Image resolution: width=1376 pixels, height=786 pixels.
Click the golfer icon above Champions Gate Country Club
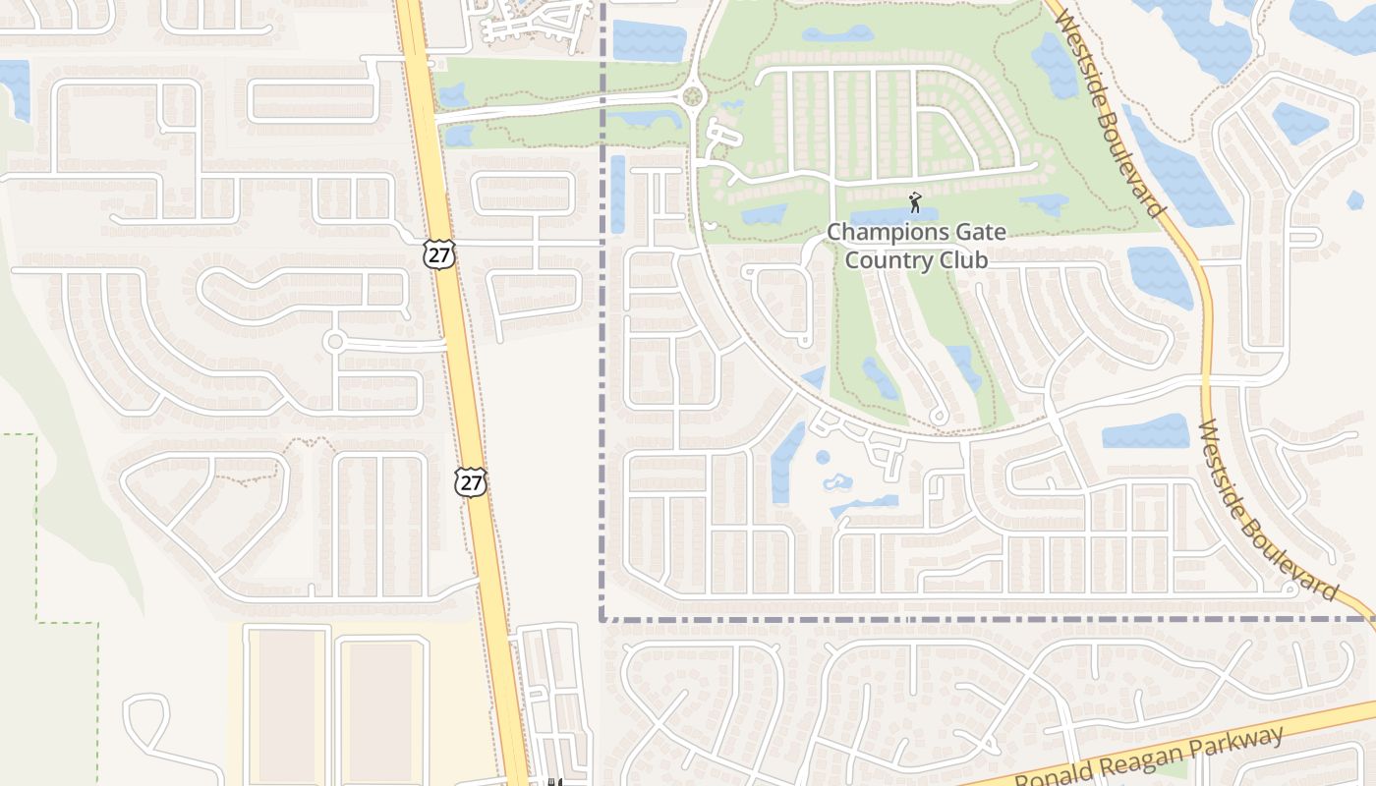click(x=915, y=202)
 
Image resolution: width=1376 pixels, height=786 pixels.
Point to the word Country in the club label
click(x=885, y=260)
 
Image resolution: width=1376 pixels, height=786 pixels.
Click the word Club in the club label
click(x=963, y=260)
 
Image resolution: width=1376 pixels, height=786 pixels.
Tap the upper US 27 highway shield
click(x=439, y=253)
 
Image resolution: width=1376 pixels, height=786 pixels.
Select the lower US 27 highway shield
click(x=471, y=481)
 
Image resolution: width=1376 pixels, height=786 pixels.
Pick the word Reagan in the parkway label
click(x=1144, y=756)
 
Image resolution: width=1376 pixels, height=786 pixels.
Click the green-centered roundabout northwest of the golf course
click(x=694, y=96)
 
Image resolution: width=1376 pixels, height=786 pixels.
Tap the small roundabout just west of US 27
click(x=334, y=341)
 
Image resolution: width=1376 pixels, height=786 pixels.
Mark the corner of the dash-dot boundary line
click(x=602, y=620)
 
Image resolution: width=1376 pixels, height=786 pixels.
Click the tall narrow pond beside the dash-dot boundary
click(x=617, y=194)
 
